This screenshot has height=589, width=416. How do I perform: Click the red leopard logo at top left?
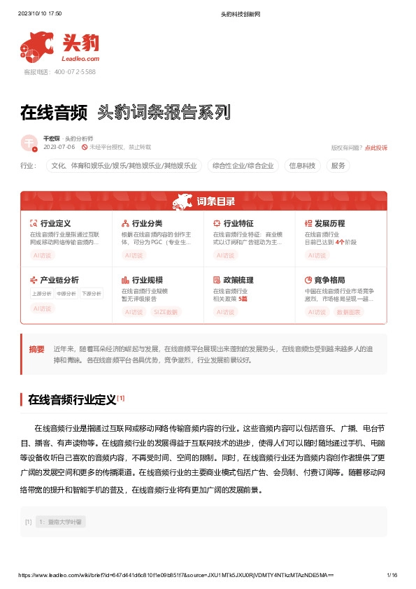[x=39, y=47]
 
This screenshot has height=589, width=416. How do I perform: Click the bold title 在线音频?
[x=54, y=111]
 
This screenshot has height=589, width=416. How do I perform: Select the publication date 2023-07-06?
[x=59, y=148]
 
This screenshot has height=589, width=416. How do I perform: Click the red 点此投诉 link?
[x=376, y=148]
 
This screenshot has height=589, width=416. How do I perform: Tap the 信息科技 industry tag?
[x=302, y=166]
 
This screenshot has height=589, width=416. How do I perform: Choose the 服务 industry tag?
[x=338, y=166]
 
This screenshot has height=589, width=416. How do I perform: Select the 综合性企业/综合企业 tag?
[x=243, y=166]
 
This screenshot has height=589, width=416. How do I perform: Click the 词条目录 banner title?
[x=215, y=202]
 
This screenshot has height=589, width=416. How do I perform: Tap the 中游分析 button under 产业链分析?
[x=67, y=294]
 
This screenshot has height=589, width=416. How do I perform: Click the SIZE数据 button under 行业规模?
[x=166, y=312]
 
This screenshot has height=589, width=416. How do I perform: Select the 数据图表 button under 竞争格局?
[x=349, y=312]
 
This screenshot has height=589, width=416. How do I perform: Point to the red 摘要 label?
[x=36, y=348]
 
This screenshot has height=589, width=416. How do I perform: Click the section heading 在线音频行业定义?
[x=71, y=400]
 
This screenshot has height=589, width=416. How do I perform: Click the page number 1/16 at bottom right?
[x=392, y=575]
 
